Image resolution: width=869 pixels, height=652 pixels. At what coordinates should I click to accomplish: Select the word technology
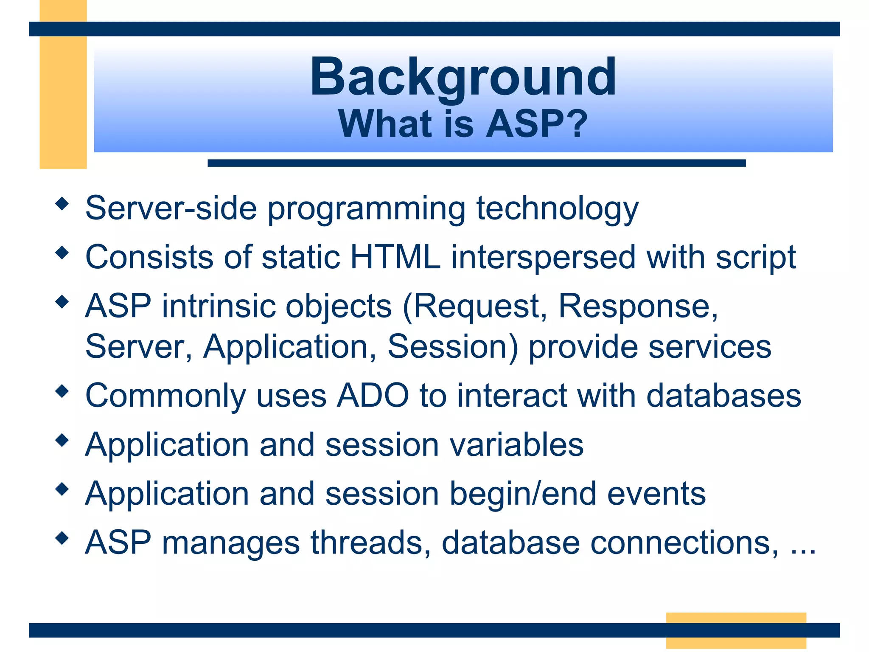[x=557, y=208]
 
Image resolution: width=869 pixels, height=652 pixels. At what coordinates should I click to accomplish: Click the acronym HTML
[x=395, y=257]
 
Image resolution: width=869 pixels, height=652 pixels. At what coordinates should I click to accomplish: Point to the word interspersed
[x=543, y=257]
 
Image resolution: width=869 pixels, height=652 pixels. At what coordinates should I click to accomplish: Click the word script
[x=756, y=257]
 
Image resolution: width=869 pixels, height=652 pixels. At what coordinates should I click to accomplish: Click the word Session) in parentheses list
[x=453, y=347]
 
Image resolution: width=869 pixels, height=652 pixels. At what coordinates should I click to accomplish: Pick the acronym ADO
[x=373, y=396]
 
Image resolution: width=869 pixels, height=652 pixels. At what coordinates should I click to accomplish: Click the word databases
[x=723, y=396]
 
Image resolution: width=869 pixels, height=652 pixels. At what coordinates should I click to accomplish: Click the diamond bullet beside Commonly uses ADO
[x=62, y=391]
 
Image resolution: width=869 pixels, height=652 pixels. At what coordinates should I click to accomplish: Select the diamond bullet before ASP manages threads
[x=62, y=539]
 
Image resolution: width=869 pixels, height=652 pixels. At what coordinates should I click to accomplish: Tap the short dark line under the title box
[x=476, y=163]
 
